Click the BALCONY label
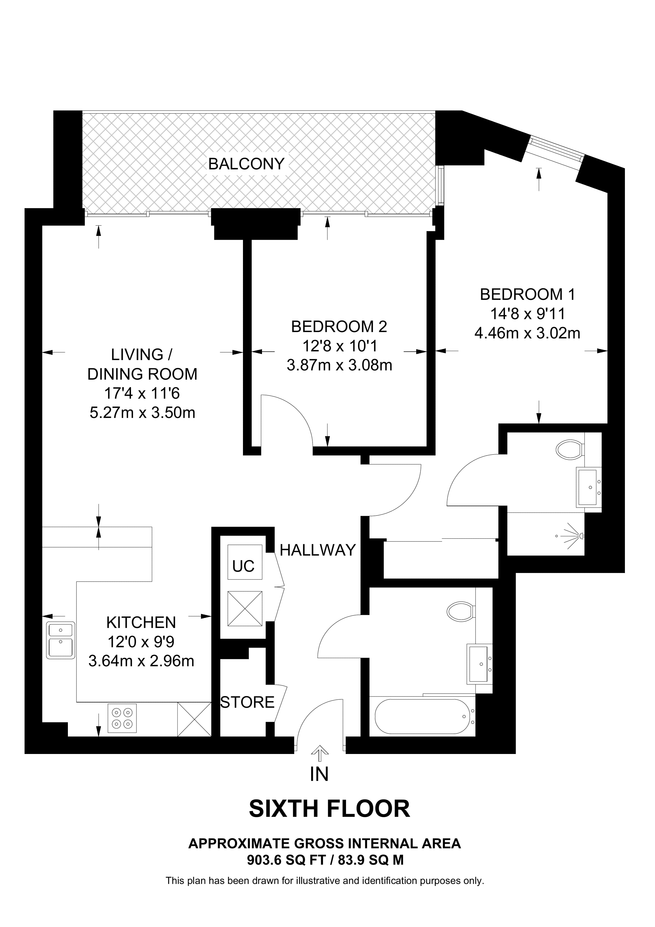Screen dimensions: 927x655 246,164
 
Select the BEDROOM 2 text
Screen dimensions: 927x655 339,327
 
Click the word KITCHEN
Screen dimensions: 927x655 141,623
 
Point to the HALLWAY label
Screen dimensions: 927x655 318,550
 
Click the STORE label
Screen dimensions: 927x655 247,702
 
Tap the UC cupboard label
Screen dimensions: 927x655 243,566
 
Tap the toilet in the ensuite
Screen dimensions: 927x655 570,449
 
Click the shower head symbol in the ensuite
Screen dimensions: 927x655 577,536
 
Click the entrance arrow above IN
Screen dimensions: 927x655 320,750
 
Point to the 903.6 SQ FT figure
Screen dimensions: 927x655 286,860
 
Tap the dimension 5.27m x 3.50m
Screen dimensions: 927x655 142,413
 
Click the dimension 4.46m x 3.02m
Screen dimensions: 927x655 527,333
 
